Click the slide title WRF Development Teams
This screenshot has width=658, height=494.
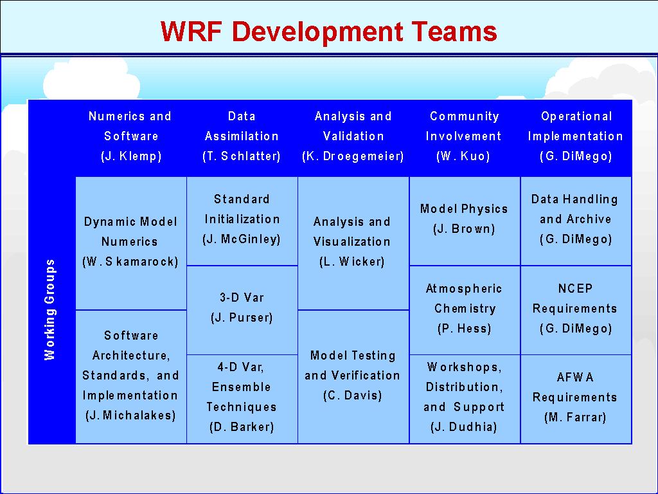pos(328,31)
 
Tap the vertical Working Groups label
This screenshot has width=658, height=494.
pos(49,309)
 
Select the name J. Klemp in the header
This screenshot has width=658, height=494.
pos(131,156)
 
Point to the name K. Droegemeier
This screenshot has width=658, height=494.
pos(353,156)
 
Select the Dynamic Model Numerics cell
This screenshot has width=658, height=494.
pos(131,243)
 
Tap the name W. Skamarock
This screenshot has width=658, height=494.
pos(130,262)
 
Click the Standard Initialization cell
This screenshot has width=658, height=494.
pos(242,221)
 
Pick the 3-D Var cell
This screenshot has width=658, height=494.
pos(242,310)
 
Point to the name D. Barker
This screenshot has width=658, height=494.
pos(242,427)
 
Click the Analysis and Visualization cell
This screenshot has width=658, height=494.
pos(353,243)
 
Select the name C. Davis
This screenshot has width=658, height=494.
pos(353,396)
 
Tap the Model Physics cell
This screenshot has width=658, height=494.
pos(465,221)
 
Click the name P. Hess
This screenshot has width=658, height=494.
pos(464,329)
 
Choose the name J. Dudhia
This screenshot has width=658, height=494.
pos(464,427)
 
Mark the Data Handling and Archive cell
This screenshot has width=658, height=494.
pos(576,221)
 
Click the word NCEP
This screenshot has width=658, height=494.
pos(575,289)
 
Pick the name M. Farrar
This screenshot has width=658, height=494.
pos(575,417)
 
